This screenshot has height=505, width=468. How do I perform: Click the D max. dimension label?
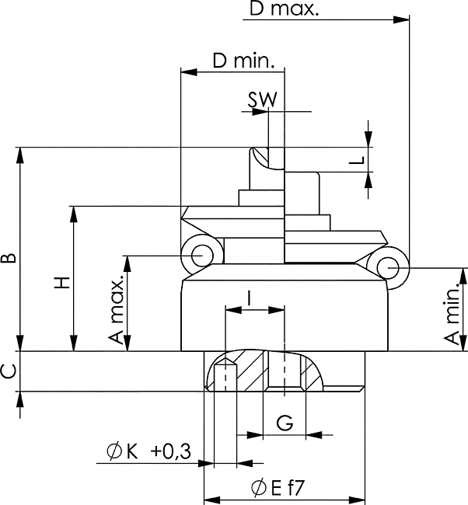tap(284, 8)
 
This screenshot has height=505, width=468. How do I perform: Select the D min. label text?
tap(244, 61)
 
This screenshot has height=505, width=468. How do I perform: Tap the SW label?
tap(262, 99)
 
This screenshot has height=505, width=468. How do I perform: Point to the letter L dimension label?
tap(357, 160)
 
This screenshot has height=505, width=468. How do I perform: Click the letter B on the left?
tap(9, 258)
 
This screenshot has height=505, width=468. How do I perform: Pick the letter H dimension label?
tap(61, 283)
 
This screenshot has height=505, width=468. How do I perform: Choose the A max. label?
tap(116, 309)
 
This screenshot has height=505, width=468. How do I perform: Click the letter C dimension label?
tap(9, 371)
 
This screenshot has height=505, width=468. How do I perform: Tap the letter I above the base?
tap(249, 298)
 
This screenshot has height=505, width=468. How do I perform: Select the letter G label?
tap(285, 423)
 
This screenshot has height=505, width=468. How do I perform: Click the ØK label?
tap(122, 451)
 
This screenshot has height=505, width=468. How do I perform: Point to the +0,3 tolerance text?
tap(170, 451)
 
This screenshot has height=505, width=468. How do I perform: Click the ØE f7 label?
tap(278, 488)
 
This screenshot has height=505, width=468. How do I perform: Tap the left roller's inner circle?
tap(202, 256)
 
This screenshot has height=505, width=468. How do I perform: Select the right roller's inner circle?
tap(388, 267)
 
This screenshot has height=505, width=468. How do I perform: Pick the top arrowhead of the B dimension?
tap(20, 155)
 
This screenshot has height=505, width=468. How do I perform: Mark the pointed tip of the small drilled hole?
tap(225, 359)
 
